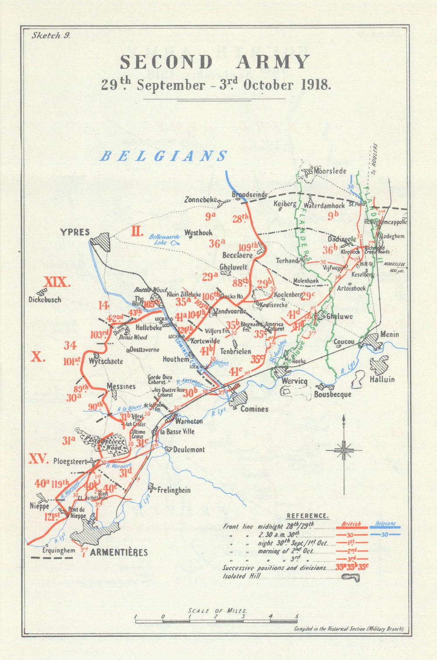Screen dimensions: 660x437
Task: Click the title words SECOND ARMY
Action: tap(215, 62)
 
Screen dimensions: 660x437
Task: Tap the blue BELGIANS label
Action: tap(163, 156)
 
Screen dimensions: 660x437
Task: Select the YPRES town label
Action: tap(75, 232)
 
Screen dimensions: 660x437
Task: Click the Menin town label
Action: tap(389, 334)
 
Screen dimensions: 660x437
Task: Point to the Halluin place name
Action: tap(382, 380)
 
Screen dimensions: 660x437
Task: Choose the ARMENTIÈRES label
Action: tap(119, 552)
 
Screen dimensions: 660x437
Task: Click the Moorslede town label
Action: tap(330, 171)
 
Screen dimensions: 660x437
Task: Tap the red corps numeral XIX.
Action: tap(57, 282)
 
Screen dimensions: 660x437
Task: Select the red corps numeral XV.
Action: tap(38, 459)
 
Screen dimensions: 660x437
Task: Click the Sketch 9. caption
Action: tap(51, 36)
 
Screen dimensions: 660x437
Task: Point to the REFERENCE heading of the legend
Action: tap(307, 516)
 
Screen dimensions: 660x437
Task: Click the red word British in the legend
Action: tap(351, 523)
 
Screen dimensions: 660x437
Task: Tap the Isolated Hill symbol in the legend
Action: tap(351, 577)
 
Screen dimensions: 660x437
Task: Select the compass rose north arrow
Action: tap(344, 450)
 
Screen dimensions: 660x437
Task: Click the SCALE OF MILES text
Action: tap(217, 611)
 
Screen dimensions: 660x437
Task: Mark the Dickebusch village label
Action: tap(45, 300)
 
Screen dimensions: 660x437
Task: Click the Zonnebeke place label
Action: tap(201, 199)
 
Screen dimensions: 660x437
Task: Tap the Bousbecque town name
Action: tap(333, 394)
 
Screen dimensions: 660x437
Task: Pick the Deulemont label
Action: tap(188, 449)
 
